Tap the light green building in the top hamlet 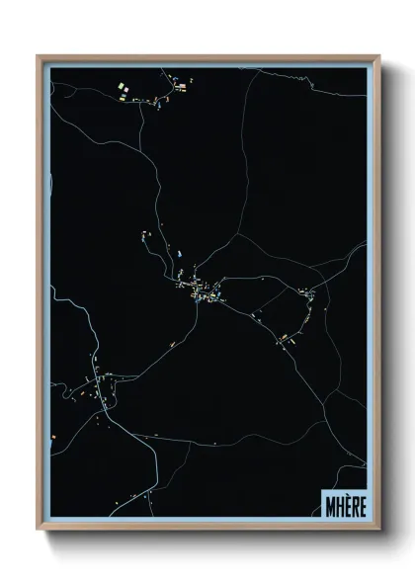point(122,89)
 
